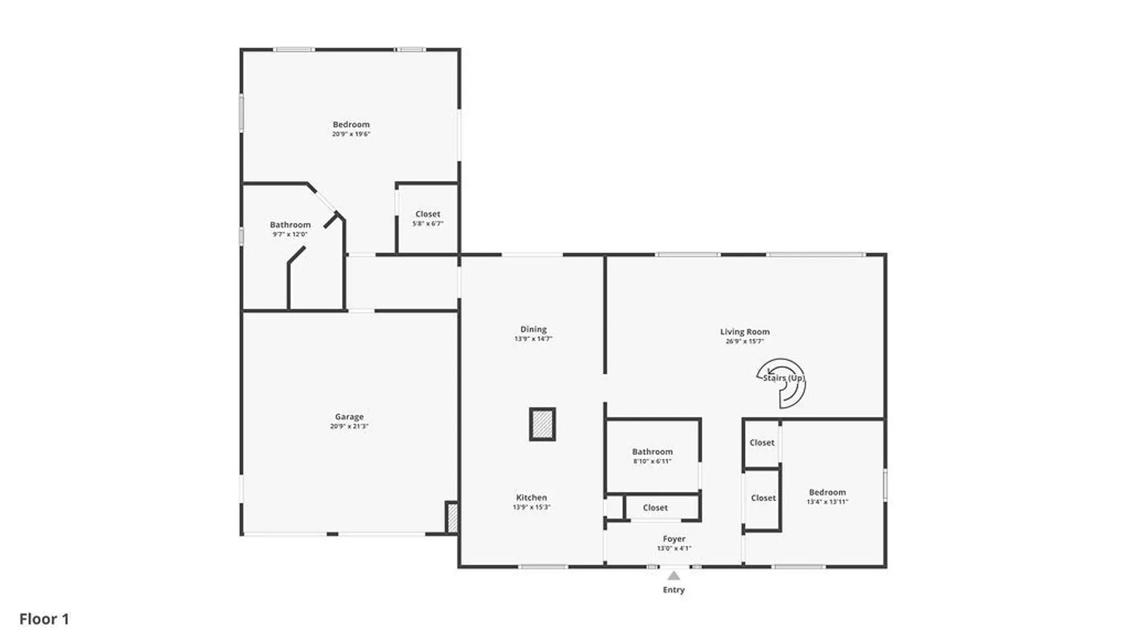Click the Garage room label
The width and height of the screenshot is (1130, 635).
click(x=349, y=417)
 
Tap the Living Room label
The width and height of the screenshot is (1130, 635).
click(x=745, y=332)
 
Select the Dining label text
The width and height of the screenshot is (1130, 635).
click(x=533, y=329)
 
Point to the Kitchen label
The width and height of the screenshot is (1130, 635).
click(x=531, y=497)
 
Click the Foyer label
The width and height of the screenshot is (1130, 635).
click(x=674, y=539)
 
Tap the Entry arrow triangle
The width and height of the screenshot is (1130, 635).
click(x=674, y=576)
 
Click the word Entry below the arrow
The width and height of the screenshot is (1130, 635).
click(x=674, y=590)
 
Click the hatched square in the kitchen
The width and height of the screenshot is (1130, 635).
click(x=542, y=424)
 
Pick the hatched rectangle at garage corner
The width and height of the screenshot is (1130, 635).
click(x=452, y=517)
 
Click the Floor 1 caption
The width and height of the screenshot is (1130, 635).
click(x=44, y=619)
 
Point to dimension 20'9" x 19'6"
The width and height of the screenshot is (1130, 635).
click(x=351, y=134)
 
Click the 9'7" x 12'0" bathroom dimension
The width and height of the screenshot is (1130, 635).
click(x=290, y=235)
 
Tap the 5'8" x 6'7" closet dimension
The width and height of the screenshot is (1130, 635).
click(x=428, y=224)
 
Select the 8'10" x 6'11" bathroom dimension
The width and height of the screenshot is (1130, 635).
click(x=652, y=462)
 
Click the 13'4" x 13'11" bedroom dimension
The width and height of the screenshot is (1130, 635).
click(x=827, y=502)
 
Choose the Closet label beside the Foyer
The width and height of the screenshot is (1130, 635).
click(x=655, y=507)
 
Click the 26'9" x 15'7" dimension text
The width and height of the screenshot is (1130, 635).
click(x=745, y=342)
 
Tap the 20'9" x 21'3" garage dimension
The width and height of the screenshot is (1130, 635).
click(x=349, y=426)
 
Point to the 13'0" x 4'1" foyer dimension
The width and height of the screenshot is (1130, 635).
click(x=674, y=549)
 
